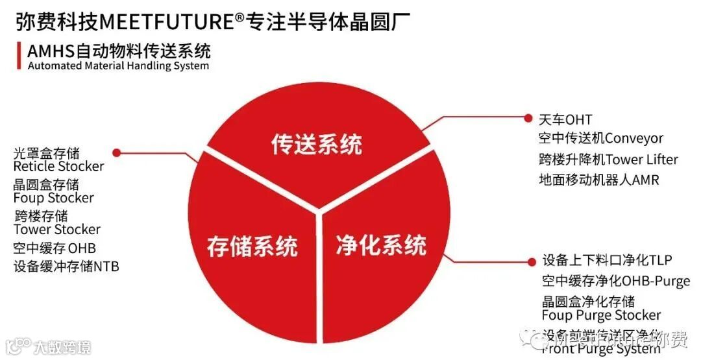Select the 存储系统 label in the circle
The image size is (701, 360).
pyautogui.click(x=252, y=246)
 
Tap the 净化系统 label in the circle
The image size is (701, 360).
pyautogui.click(x=381, y=245)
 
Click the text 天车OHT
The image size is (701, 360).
pyautogui.click(x=565, y=120)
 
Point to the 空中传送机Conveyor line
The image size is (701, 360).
pyautogui.click(x=600, y=139)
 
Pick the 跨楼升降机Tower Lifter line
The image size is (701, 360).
pyautogui.click(x=608, y=160)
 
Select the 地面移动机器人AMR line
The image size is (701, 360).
pyautogui.click(x=598, y=180)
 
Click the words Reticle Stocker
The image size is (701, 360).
pyautogui.click(x=58, y=167)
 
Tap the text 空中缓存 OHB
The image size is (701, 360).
pyautogui.click(x=54, y=248)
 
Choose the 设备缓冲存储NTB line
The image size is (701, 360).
pyautogui.click(x=66, y=267)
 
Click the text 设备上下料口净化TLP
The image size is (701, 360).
pyautogui.click(x=607, y=261)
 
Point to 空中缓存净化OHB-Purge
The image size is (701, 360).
pyautogui.click(x=615, y=282)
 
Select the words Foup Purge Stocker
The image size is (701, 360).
pyautogui.click(x=601, y=316)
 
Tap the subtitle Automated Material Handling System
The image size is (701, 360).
pyautogui.click(x=117, y=66)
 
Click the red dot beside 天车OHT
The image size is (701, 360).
pyautogui.click(x=528, y=117)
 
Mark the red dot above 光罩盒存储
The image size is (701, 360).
pyautogui.click(x=116, y=153)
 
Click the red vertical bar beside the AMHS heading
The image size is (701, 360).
pyautogui.click(x=18, y=56)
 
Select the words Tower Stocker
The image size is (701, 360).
pyautogui.click(x=57, y=230)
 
